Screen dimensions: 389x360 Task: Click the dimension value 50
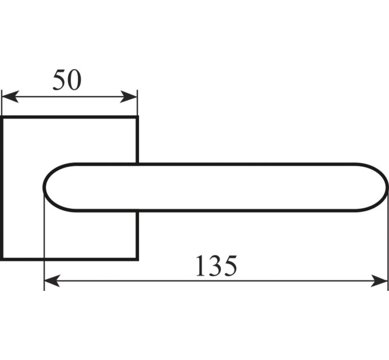tap(67, 80)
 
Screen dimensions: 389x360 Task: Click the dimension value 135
tap(216, 266)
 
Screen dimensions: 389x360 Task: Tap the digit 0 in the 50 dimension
tap(74, 80)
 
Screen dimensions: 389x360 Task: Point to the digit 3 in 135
tap(215, 266)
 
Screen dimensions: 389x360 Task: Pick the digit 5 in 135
tap(230, 266)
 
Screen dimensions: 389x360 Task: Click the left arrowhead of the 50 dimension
tap(10, 97)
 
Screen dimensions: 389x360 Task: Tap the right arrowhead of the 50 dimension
tap(129, 97)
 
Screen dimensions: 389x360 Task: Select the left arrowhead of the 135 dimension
tap(52, 281)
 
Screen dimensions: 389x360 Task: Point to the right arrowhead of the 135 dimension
tap(379, 281)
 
